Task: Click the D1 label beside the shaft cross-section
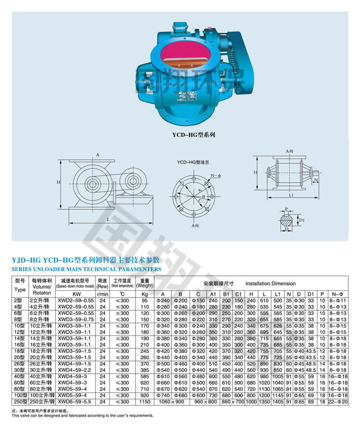(x=302, y=220)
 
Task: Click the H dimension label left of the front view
(x=57, y=182)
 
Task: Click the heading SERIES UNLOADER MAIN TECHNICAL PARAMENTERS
(x=87, y=269)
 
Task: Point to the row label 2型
(x=20, y=299)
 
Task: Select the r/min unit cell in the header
(x=102, y=294)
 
